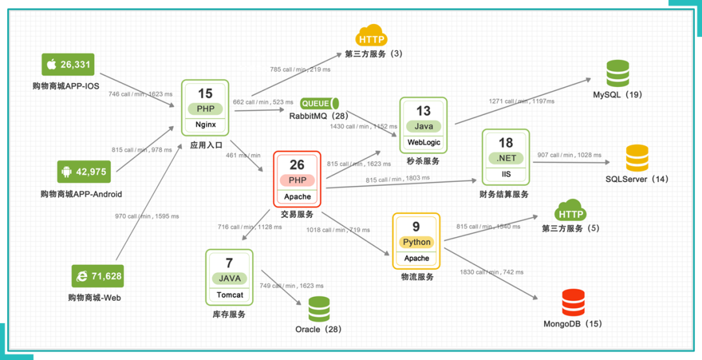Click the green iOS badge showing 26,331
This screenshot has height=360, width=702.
pyautogui.click(x=68, y=65)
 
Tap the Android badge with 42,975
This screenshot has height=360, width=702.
pyautogui.click(x=82, y=172)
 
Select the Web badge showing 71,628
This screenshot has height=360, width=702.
pyautogui.click(x=97, y=276)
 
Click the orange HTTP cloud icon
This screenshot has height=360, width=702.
pyautogui.click(x=371, y=36)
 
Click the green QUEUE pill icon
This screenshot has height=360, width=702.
pyautogui.click(x=320, y=103)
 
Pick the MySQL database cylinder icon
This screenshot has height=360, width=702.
pyautogui.click(x=617, y=73)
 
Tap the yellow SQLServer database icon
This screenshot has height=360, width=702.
pyautogui.click(x=637, y=158)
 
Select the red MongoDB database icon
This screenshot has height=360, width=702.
pyautogui.click(x=573, y=303)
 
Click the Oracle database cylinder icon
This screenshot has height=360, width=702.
pyautogui.click(x=319, y=310)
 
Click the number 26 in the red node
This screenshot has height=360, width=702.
pyautogui.click(x=297, y=165)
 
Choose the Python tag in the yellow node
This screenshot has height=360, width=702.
pyautogui.click(x=417, y=242)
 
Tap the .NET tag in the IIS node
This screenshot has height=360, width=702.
pyautogui.click(x=506, y=158)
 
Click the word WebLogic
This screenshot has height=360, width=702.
pyautogui.click(x=424, y=142)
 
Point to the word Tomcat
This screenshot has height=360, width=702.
pyautogui.click(x=229, y=294)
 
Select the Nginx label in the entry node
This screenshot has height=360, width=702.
pyautogui.click(x=205, y=124)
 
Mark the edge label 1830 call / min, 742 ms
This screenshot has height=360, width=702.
pyautogui.click(x=491, y=272)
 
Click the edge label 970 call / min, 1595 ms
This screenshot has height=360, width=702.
pyautogui.click(x=147, y=216)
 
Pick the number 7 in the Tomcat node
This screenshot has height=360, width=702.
pyautogui.click(x=229, y=263)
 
